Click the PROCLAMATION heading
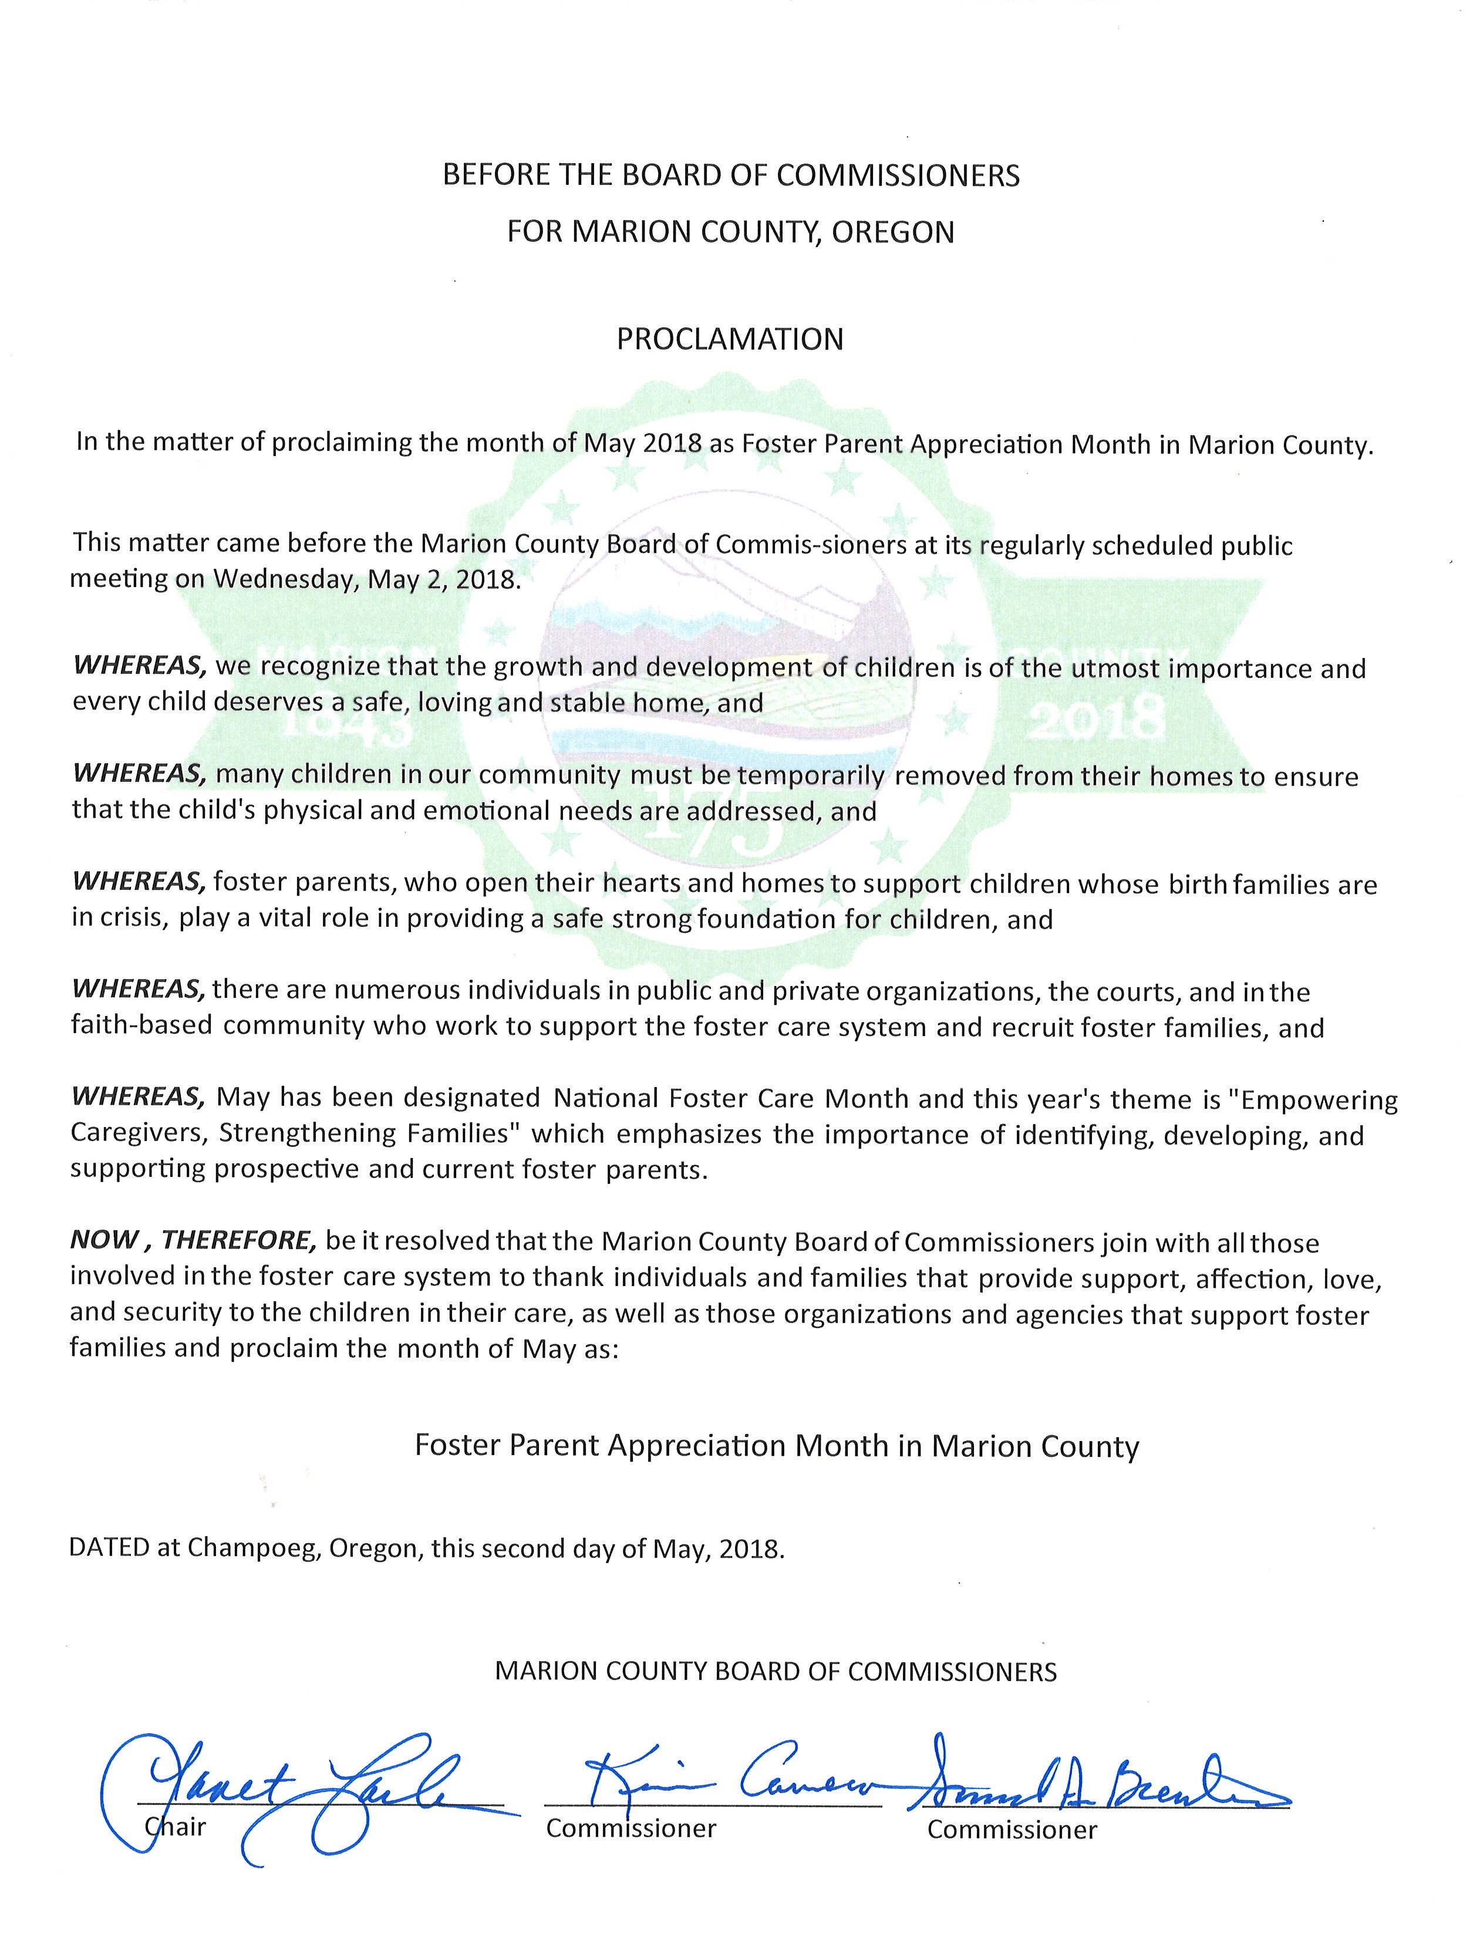coord(730,339)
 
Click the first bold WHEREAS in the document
coord(139,666)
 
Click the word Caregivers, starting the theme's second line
coord(139,1135)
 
